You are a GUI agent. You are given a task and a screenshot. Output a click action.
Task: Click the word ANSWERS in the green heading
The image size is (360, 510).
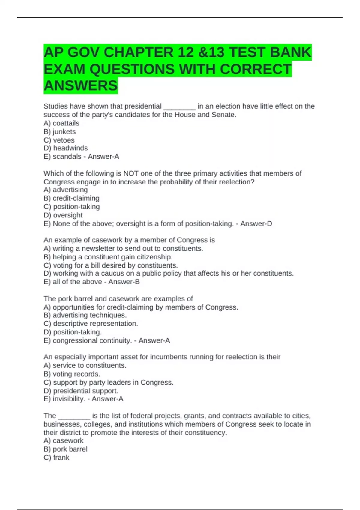pyautogui.click(x=81, y=85)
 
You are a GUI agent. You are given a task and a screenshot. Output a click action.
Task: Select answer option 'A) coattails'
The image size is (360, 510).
pyautogui.click(x=61, y=123)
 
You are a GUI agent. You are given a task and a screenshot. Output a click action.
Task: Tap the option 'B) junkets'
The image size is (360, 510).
pyautogui.click(x=60, y=131)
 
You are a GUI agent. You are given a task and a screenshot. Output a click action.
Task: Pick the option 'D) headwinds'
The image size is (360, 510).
pyautogui.click(x=66, y=148)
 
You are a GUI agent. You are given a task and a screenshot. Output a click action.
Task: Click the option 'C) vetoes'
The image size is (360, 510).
pyautogui.click(x=59, y=140)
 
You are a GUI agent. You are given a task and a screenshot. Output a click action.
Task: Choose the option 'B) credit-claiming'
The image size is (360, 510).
pyautogui.click(x=71, y=198)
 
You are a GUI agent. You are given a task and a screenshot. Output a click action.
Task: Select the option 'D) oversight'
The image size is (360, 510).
pyautogui.click(x=63, y=215)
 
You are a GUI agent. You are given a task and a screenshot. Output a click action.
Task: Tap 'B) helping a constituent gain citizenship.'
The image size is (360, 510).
pyautogui.click(x=108, y=257)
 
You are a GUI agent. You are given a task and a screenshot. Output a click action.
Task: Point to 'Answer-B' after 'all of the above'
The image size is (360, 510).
pyautogui.click(x=124, y=282)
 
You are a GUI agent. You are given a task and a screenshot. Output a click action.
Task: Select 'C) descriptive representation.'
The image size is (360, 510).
pyautogui.click(x=91, y=323)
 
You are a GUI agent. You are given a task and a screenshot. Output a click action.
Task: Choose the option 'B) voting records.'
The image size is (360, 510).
pyautogui.click(x=72, y=374)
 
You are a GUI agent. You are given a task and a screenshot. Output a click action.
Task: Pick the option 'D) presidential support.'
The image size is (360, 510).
pyautogui.click(x=81, y=391)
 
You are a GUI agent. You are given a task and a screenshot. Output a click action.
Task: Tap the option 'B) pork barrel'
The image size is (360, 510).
pyautogui.click(x=65, y=449)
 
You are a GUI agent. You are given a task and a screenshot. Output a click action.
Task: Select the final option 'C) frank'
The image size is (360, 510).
pyautogui.click(x=56, y=457)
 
